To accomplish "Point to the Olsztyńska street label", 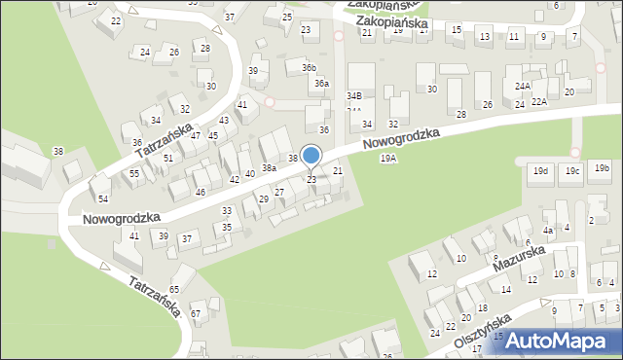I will pyautogui.click(x=481, y=332).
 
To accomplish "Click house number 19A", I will pyautogui.click(x=388, y=158).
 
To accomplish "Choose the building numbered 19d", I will pyautogui.click(x=539, y=172).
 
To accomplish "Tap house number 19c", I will pyautogui.click(x=572, y=172).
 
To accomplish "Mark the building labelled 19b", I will pyautogui.click(x=601, y=167).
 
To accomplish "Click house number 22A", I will pyautogui.click(x=539, y=101).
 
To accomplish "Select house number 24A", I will pyautogui.click(x=522, y=86).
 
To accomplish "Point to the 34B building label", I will pyautogui.click(x=354, y=95).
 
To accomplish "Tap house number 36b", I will pyautogui.click(x=309, y=67).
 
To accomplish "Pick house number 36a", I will pyautogui.click(x=320, y=84).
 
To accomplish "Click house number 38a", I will pyautogui.click(x=269, y=167).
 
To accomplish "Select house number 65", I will pyautogui.click(x=174, y=290).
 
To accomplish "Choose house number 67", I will pyautogui.click(x=195, y=313).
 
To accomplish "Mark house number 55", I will pyautogui.click(x=134, y=173).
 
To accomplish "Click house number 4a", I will pyautogui.click(x=548, y=230).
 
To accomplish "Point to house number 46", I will pyautogui.click(x=201, y=193).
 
